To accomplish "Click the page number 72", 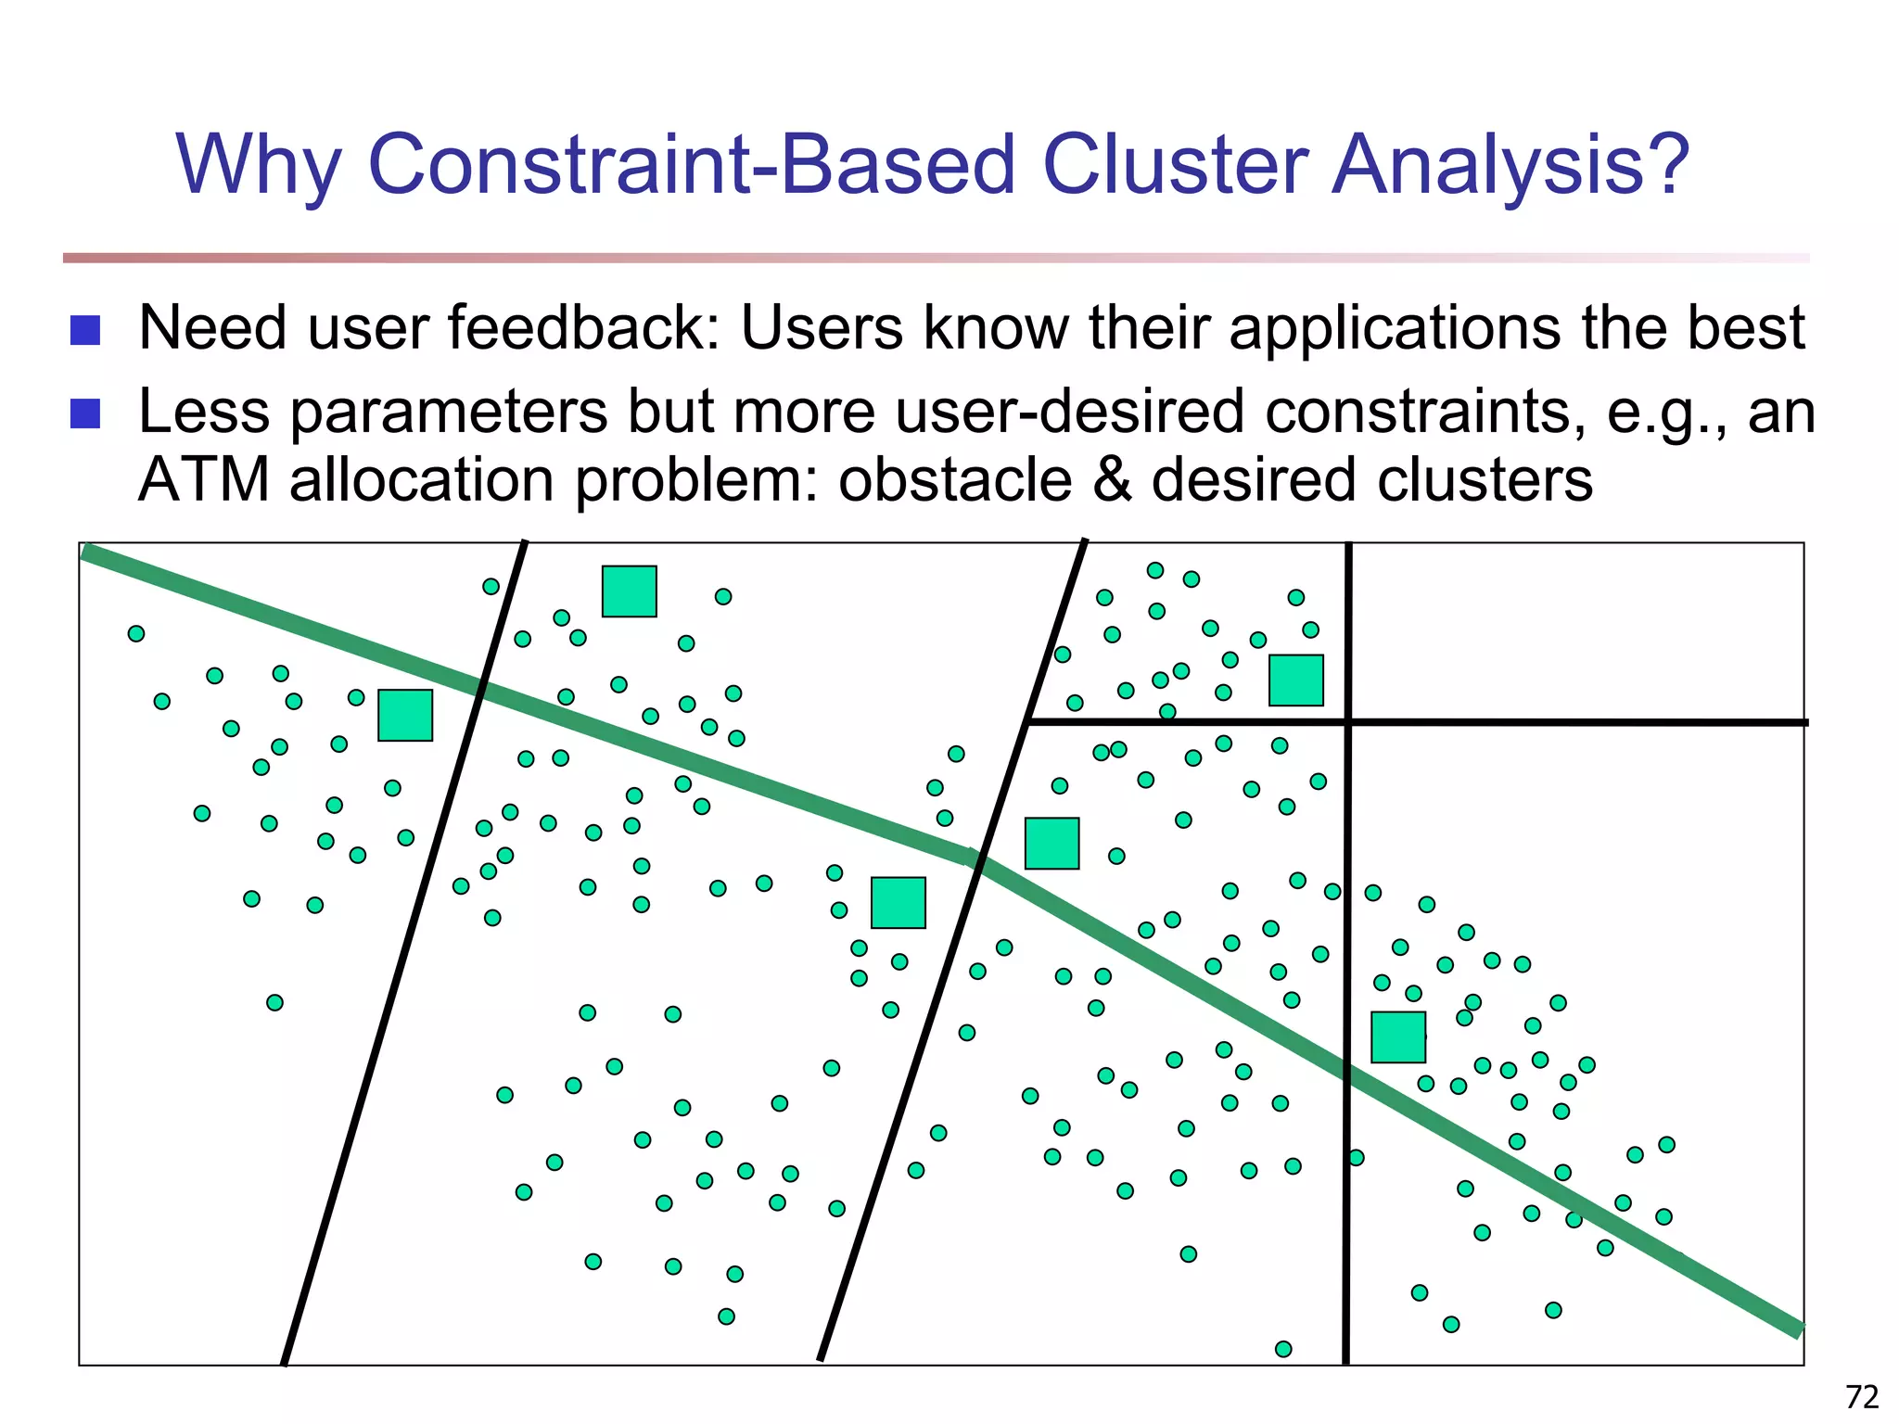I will [x=1861, y=1396].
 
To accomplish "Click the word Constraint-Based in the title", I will [x=691, y=164].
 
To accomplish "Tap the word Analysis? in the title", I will [x=1510, y=164].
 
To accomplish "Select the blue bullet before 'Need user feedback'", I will [x=85, y=330].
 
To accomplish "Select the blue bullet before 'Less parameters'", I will [x=85, y=413].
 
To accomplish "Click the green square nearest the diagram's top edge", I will [x=630, y=591].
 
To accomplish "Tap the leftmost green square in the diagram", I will [x=405, y=715].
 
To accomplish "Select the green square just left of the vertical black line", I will [x=1295, y=680].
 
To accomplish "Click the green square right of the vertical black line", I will [x=1398, y=1036].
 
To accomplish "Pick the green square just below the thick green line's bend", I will [x=899, y=902].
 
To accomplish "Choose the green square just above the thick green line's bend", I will [x=1051, y=843].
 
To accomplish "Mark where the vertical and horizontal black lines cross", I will [x=1348, y=721].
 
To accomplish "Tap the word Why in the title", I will [x=260, y=164].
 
